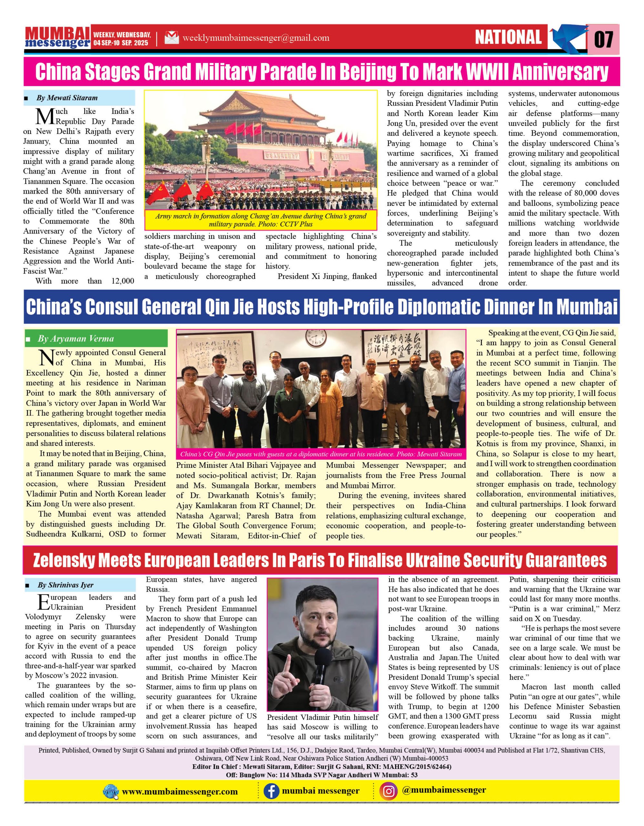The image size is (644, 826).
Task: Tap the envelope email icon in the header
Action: click(x=171, y=37)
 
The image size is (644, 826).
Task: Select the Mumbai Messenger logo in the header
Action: click(x=57, y=37)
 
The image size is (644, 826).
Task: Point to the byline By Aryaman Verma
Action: click(x=75, y=338)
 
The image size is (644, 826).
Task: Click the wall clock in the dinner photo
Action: click(x=316, y=338)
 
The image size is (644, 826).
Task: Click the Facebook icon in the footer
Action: click(x=271, y=791)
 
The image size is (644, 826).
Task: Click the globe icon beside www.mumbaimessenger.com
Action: click(x=111, y=791)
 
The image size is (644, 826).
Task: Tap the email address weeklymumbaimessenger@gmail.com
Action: click(x=256, y=38)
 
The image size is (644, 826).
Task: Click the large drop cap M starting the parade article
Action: click(x=45, y=116)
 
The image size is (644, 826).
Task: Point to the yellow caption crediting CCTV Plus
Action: click(x=261, y=220)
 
